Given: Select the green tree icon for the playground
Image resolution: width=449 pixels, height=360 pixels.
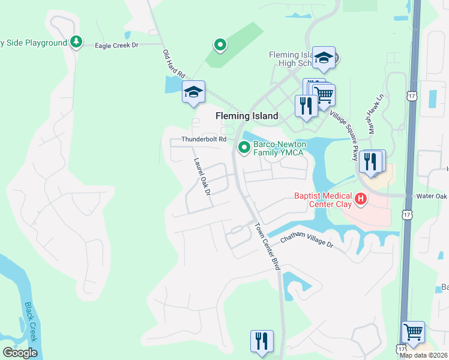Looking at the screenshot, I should [76, 41].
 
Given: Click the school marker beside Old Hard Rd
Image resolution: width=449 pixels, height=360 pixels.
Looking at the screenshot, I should [193, 92].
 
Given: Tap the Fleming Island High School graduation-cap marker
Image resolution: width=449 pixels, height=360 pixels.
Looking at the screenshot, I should [324, 58].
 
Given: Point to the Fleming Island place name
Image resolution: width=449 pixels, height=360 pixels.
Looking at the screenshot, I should [247, 116].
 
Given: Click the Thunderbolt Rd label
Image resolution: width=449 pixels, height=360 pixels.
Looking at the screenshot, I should [204, 139].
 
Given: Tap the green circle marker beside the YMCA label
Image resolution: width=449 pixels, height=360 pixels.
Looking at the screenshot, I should [244, 147].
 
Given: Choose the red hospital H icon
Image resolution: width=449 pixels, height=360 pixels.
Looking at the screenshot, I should [361, 199].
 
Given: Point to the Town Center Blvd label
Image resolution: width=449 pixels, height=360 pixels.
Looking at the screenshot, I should [268, 247].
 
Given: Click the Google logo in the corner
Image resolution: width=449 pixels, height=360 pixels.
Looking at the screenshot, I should [19, 353].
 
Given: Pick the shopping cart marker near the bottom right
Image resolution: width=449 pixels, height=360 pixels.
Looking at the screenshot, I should [412, 331].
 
